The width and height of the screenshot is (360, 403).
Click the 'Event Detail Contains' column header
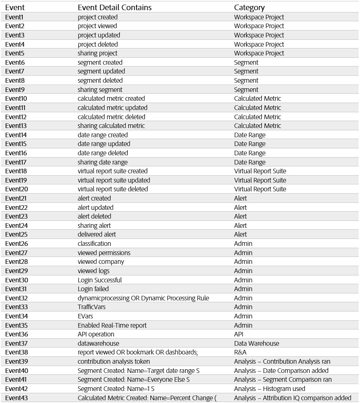click(114, 7)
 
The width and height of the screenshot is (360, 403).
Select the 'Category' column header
click(249, 7)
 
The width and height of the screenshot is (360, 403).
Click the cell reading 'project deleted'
click(98, 44)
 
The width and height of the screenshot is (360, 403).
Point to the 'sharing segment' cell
click(100, 90)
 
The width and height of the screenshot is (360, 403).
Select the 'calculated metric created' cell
click(111, 98)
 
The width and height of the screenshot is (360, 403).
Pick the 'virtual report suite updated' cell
click(114, 180)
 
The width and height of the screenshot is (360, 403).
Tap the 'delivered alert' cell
click(97, 234)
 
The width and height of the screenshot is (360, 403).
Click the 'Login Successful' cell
click(99, 280)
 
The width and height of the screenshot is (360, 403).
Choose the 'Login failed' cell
click(93, 289)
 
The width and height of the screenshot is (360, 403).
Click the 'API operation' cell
click(96, 334)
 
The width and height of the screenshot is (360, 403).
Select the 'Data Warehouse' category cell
click(256, 343)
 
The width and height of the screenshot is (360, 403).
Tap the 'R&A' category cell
click(241, 352)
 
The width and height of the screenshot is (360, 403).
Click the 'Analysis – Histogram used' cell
click(269, 389)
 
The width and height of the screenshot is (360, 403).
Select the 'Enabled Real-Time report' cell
click(112, 325)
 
